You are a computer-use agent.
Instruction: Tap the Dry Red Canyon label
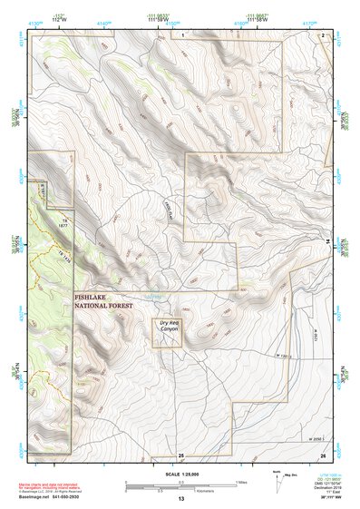(x=166, y=332)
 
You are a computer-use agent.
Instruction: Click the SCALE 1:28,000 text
(x=180, y=475)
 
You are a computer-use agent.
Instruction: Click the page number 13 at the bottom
(x=180, y=499)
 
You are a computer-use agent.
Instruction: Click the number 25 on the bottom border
(x=180, y=455)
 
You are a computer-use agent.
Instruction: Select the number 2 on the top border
(x=323, y=34)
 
